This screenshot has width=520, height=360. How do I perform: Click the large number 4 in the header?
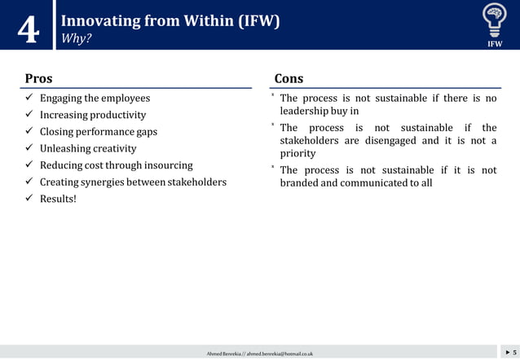(x=28, y=31)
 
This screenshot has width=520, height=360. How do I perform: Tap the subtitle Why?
(x=76, y=38)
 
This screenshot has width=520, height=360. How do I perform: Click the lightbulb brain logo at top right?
(x=494, y=18)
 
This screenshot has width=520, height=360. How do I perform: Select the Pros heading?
(x=38, y=78)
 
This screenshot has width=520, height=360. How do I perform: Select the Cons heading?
(x=289, y=78)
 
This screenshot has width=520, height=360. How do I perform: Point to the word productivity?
(x=118, y=115)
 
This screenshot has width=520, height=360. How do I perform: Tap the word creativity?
(x=115, y=148)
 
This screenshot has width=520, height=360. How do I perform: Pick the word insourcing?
(x=168, y=165)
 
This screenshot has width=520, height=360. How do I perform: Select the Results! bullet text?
(x=58, y=199)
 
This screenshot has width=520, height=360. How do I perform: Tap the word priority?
(x=297, y=153)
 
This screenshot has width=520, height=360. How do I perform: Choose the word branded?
(x=300, y=182)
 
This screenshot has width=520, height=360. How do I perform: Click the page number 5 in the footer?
(x=514, y=352)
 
